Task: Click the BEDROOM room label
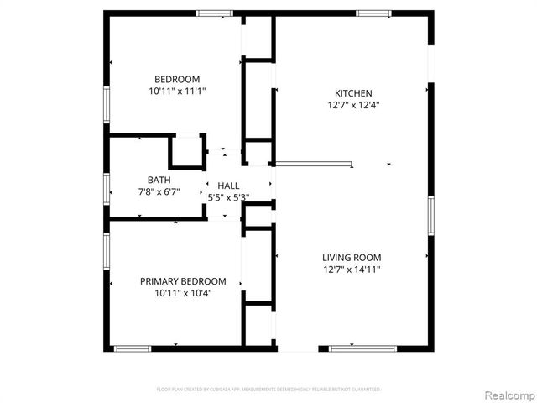point(176,79)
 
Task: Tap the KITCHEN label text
point(353,93)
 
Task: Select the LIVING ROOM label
point(352,258)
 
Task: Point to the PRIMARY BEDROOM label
point(183,281)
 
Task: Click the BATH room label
point(159,180)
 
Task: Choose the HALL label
point(228,186)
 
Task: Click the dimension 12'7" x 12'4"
point(353,106)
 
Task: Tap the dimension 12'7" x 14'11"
point(352,270)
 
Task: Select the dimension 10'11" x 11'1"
point(177,91)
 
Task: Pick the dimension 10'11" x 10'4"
point(183,294)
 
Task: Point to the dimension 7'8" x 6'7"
point(159,191)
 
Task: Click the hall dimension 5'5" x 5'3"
point(228,197)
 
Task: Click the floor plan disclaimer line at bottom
point(268,390)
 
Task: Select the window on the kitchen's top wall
point(373,13)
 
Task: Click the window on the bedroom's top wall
point(214,13)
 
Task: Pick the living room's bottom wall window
point(352,348)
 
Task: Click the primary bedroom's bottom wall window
point(133,348)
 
